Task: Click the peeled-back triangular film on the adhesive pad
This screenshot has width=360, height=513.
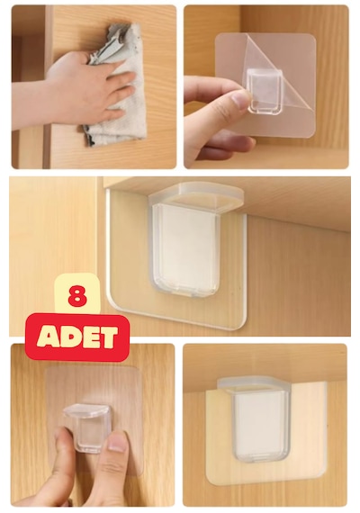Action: point(278,70)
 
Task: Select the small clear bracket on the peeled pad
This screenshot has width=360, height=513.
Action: point(265,93)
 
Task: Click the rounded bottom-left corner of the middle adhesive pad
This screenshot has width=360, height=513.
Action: point(112,301)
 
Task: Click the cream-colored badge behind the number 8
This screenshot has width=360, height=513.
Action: point(77,293)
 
